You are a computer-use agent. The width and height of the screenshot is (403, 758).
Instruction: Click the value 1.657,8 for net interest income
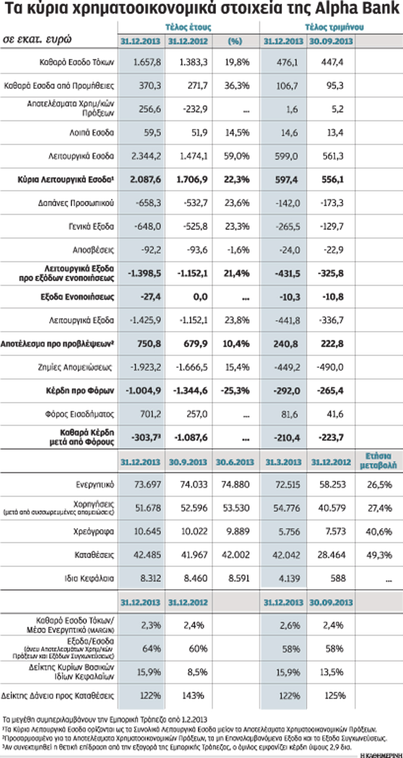[147, 62]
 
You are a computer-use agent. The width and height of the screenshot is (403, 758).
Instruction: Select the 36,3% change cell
[237, 86]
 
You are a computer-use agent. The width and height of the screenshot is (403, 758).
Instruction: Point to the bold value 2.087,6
[145, 180]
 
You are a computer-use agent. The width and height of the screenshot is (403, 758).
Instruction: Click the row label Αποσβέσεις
[93, 250]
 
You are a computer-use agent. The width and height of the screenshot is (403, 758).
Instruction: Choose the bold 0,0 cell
[200, 297]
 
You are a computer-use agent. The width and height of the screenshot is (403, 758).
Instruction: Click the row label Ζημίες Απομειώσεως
[75, 367]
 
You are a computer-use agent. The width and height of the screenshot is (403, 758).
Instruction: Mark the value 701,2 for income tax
[150, 414]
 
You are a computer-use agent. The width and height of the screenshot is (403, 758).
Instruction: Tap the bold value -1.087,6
[191, 438]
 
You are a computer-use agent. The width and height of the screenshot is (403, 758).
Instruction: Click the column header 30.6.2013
[235, 462]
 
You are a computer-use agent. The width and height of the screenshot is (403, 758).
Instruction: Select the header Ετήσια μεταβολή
[378, 461]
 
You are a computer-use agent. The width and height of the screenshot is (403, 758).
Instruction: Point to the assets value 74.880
[235, 485]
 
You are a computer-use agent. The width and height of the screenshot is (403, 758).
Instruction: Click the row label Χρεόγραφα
[93, 532]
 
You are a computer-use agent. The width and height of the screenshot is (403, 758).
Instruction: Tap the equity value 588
[338, 579]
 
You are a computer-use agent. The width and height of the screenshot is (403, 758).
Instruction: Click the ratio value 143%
[193, 696]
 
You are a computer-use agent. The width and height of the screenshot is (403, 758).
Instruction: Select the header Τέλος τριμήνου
[334, 28]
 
